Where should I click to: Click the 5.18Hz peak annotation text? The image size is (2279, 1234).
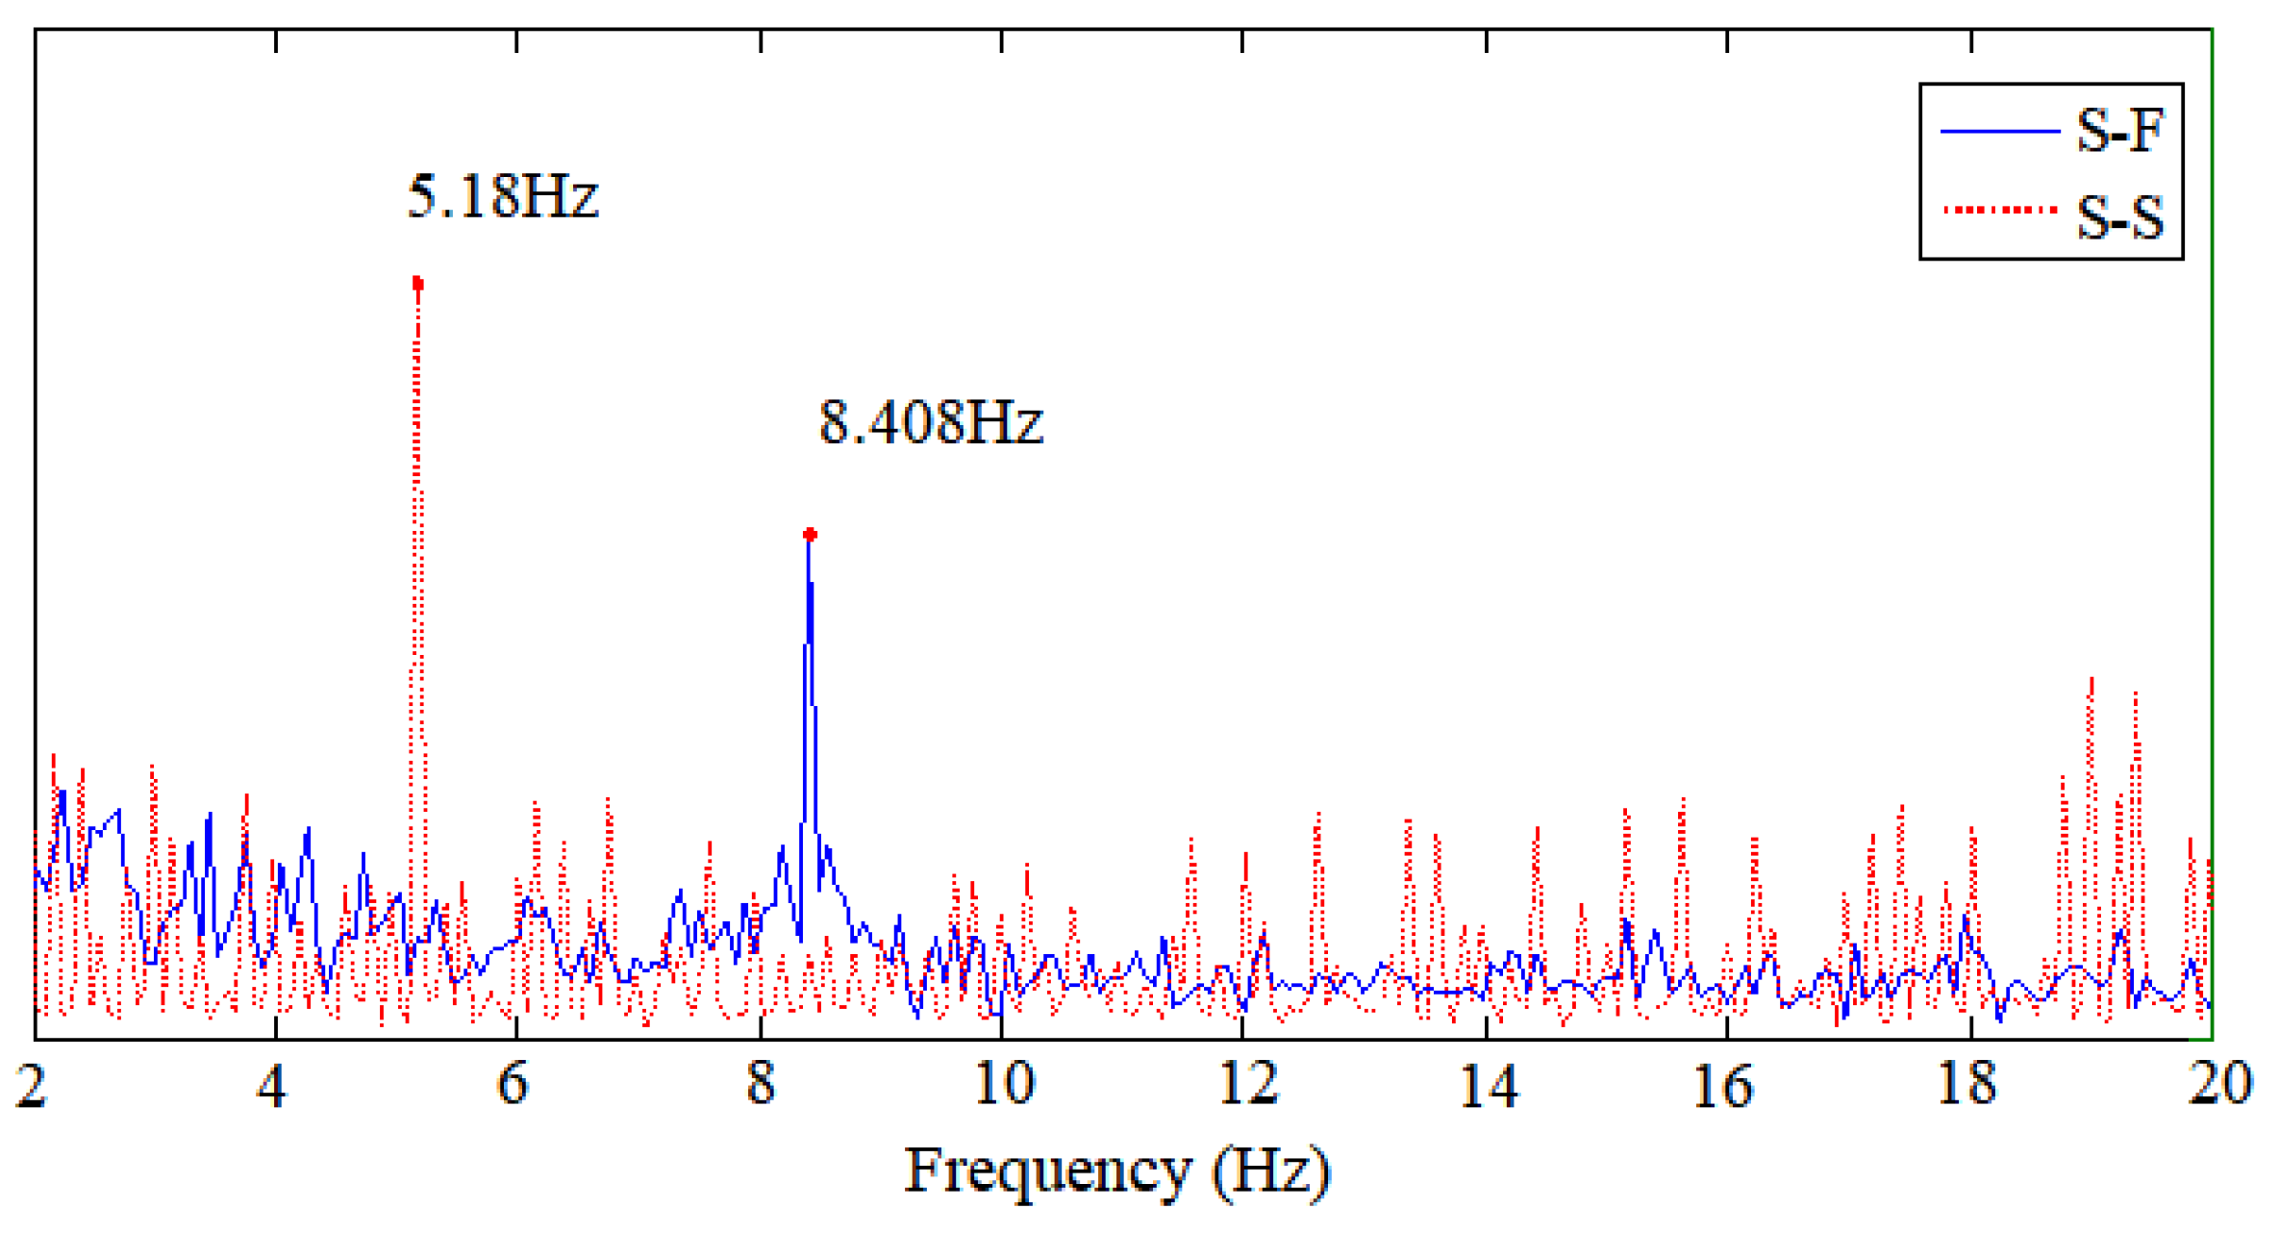tap(503, 196)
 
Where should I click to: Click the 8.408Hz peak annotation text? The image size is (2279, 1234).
tap(930, 422)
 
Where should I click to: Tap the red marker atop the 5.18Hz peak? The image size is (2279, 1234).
tap(417, 284)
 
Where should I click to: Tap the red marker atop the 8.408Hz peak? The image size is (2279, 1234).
tap(810, 534)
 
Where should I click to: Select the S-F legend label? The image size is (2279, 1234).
tap(2119, 130)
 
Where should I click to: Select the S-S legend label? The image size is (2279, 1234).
tap(2119, 216)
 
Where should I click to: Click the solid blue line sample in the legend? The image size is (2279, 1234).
tap(2000, 131)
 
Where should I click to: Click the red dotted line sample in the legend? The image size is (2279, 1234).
tap(2000, 210)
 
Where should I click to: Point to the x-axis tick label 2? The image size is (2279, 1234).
tap(31, 1085)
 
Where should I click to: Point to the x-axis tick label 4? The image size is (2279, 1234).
tap(272, 1085)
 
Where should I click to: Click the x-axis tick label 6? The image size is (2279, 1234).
tap(513, 1085)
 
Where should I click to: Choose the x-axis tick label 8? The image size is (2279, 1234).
tap(760, 1085)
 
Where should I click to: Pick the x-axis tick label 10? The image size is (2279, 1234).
tap(1003, 1085)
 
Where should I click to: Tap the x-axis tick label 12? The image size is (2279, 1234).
tap(1247, 1085)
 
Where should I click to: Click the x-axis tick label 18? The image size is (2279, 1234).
tap(1966, 1085)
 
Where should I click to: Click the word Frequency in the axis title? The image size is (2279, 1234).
tap(1048, 1172)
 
